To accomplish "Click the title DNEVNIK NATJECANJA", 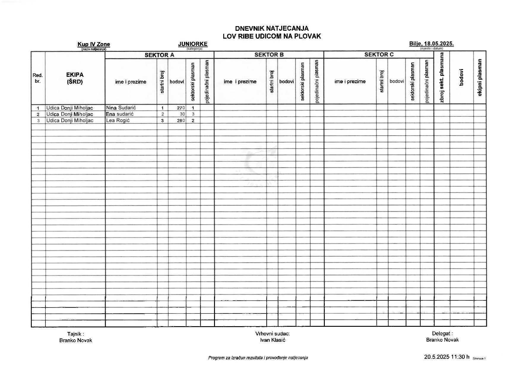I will pyautogui.click(x=272, y=28).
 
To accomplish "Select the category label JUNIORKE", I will pyautogui.click(x=193, y=44).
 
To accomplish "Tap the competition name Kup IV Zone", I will pyautogui.click(x=94, y=44).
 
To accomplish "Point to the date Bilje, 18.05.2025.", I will pyautogui.click(x=431, y=44).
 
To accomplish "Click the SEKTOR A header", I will pyautogui.click(x=159, y=55).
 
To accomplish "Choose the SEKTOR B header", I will pyautogui.click(x=269, y=55).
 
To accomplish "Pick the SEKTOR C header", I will pyautogui.click(x=379, y=55).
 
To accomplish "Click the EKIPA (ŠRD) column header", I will pyautogui.click(x=75, y=78).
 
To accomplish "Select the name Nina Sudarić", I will pyautogui.click(x=121, y=108).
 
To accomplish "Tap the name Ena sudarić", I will pyautogui.click(x=120, y=114).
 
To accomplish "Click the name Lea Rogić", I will pyautogui.click(x=118, y=120).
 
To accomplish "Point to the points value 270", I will pyautogui.click(x=181, y=108).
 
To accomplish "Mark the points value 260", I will pyautogui.click(x=181, y=121).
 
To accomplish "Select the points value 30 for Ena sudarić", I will pyautogui.click(x=182, y=114).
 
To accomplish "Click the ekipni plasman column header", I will pyautogui.click(x=480, y=78).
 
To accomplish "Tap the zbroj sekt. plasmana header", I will pyautogui.click(x=441, y=78).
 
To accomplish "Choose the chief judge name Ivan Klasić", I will pyautogui.click(x=273, y=340).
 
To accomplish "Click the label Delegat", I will pyautogui.click(x=442, y=334).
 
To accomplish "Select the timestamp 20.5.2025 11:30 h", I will pyautogui.click(x=447, y=357).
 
